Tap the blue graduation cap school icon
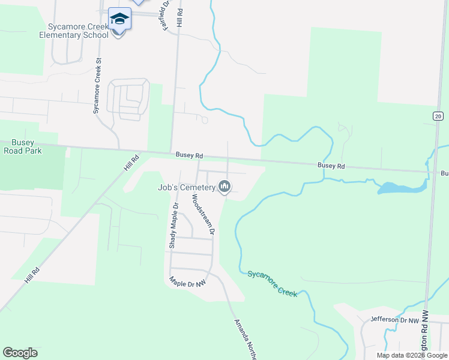(x=119, y=19)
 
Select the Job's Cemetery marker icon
(x=225, y=187)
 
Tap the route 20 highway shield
(x=438, y=116)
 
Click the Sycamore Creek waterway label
(x=272, y=282)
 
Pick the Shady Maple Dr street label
(x=173, y=226)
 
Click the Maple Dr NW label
(x=188, y=281)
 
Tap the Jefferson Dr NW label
(x=394, y=320)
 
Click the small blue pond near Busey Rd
(x=401, y=188)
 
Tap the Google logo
(x=20, y=353)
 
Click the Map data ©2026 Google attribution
(x=411, y=355)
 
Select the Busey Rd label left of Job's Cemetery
(x=189, y=155)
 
